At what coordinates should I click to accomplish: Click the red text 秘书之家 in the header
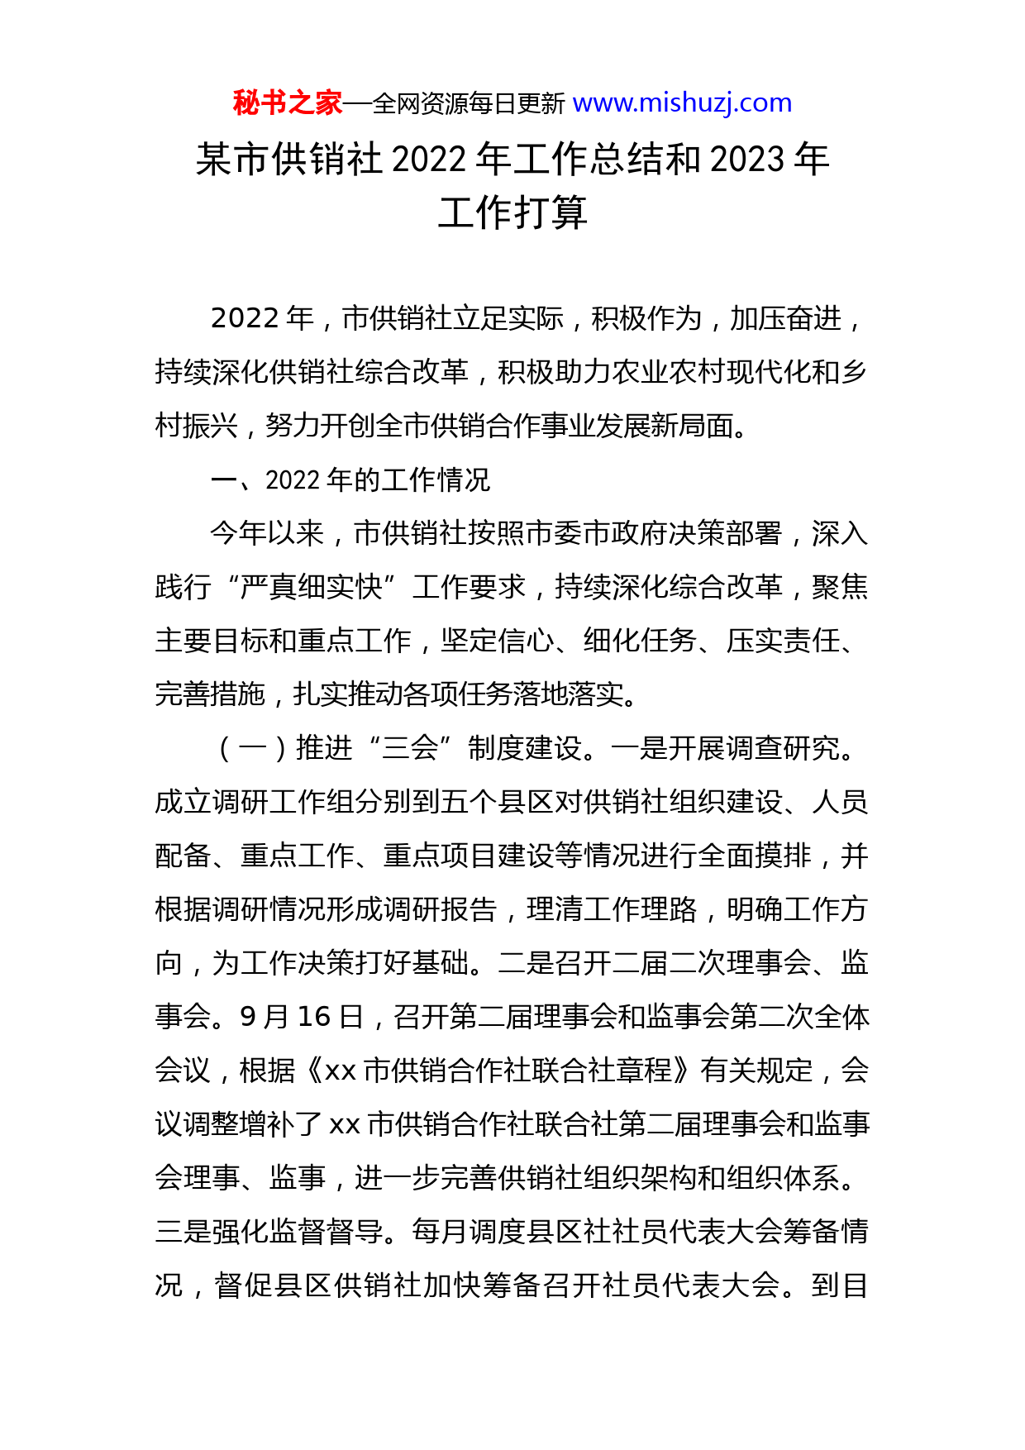[x=287, y=103]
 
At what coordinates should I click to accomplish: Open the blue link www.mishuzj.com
[x=682, y=103]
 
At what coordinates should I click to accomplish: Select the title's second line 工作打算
[x=512, y=213]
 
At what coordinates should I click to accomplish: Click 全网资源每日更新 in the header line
[x=469, y=104]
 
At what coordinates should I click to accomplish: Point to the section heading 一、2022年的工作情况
[x=350, y=479]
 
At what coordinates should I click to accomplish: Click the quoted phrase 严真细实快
[x=312, y=587]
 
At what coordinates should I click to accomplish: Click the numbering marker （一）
[x=252, y=748]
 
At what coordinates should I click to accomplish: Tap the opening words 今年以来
[x=267, y=533]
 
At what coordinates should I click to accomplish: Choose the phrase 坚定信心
[x=498, y=641]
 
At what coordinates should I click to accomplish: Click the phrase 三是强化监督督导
[x=269, y=1232]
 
